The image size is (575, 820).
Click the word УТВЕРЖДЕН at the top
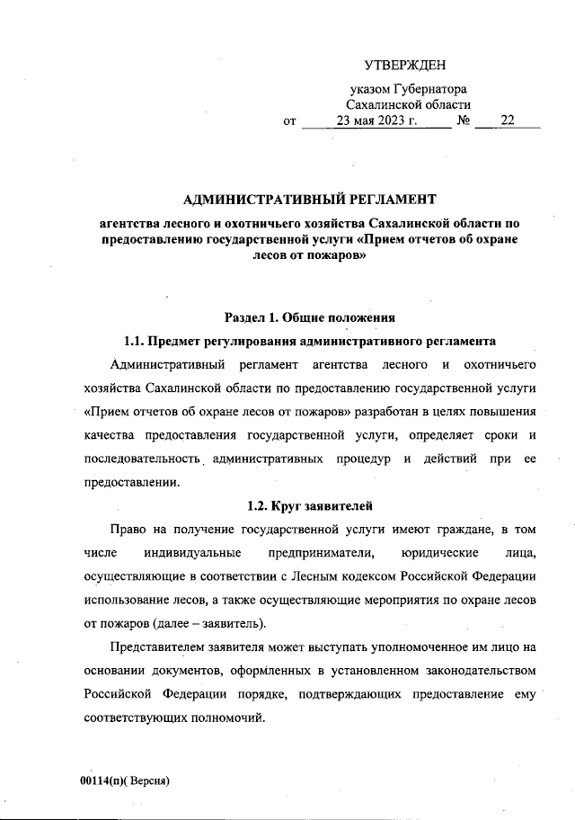pos(404,65)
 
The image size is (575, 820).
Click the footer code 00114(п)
pos(102,780)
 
